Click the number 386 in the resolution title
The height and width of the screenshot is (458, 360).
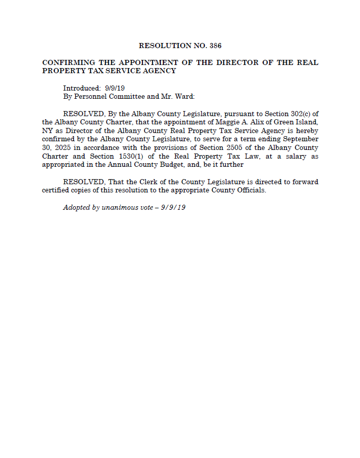point(216,46)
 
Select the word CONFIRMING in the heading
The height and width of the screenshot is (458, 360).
point(68,62)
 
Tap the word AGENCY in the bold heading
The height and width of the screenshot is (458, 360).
point(159,71)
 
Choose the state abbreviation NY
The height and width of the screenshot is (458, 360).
point(47,130)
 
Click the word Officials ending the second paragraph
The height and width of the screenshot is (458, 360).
point(252,190)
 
